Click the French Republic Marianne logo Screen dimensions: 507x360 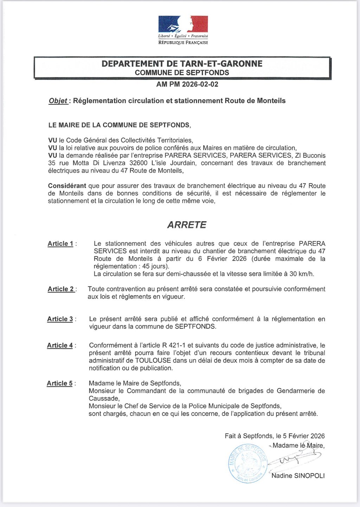[x=183, y=25]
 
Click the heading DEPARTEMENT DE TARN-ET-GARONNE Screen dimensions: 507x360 [x=182, y=64]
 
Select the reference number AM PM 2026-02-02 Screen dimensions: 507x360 [x=187, y=84]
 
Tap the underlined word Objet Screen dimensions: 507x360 [x=58, y=101]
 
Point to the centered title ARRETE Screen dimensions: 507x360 [x=187, y=225]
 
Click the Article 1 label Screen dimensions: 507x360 [x=60, y=243]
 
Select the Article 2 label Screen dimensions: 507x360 [x=61, y=289]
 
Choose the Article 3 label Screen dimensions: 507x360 [x=60, y=319]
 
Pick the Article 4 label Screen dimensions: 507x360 [x=60, y=345]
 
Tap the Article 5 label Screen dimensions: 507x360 [x=60, y=383]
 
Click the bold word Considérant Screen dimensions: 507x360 [x=67, y=186]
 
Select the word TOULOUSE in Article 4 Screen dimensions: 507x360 [x=153, y=360]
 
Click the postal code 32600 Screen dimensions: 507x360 [x=139, y=163]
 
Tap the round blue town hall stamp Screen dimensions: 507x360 [x=247, y=463]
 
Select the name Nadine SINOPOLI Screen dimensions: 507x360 [x=298, y=476]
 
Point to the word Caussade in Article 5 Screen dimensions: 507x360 [x=104, y=398]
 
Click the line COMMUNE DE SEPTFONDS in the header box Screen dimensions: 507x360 [x=182, y=73]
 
